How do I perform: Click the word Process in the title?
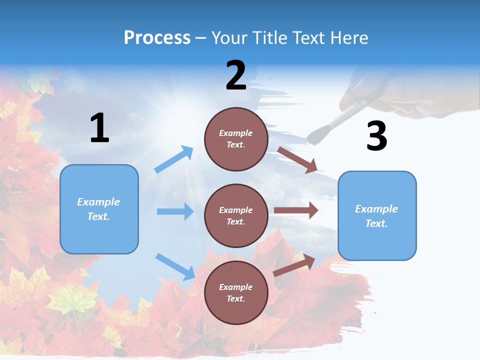pos(157,37)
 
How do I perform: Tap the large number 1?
pos(99,128)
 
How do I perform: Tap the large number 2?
pos(236,75)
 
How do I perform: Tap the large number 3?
pos(376,136)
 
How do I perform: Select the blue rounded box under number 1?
pos(99,209)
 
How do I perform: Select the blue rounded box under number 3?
pos(377,215)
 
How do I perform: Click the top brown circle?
pos(236,139)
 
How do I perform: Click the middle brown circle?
pos(236,215)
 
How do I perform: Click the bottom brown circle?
pos(236,292)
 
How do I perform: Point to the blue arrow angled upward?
pos(174,159)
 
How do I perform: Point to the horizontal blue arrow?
pos(175,211)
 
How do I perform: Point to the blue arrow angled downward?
pos(175,266)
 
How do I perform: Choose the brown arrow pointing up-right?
pos(295,264)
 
